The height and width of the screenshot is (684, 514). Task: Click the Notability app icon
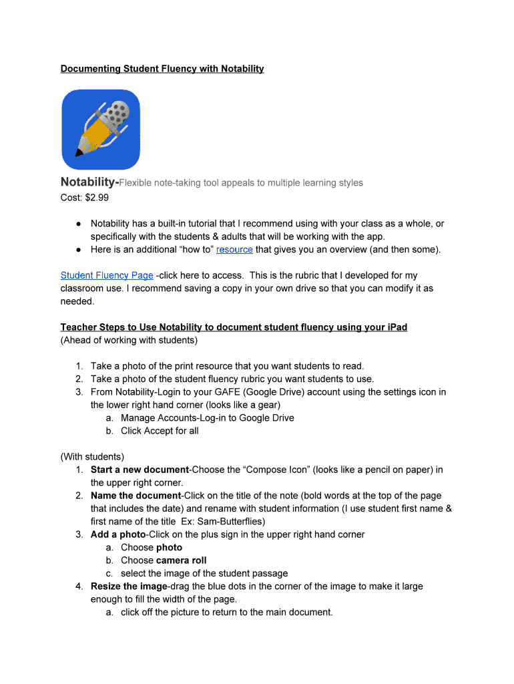click(101, 130)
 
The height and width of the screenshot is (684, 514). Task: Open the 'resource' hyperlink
click(234, 249)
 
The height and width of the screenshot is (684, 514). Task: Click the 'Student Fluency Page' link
click(107, 275)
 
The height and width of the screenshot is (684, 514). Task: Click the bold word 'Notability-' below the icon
click(89, 182)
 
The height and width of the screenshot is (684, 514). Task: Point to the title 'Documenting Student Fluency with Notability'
click(162, 69)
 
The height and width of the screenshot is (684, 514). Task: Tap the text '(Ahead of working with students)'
click(129, 340)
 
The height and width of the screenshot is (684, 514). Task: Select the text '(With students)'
click(92, 457)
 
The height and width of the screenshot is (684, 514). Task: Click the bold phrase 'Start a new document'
click(140, 470)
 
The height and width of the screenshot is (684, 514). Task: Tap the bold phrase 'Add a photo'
click(118, 534)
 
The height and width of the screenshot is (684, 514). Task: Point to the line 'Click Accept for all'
click(160, 431)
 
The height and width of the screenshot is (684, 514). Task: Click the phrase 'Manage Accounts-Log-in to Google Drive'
click(207, 418)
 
